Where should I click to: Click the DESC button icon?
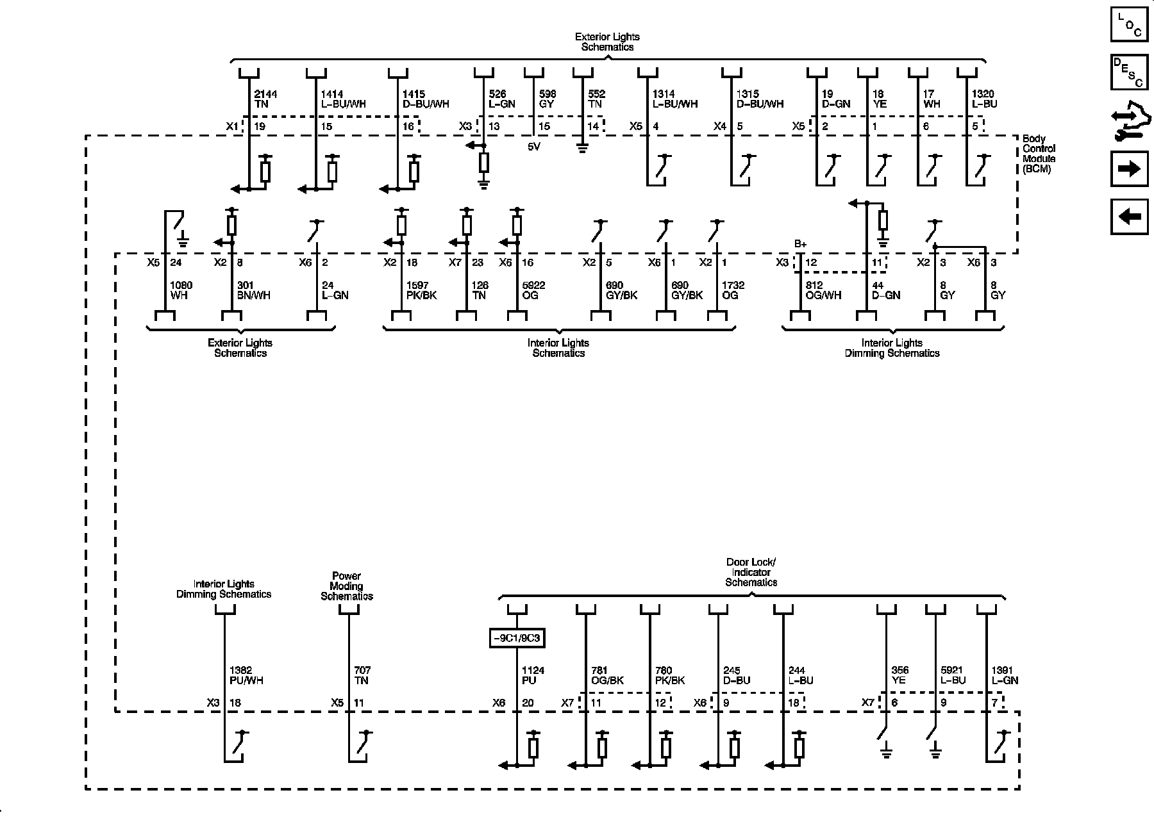[x=1129, y=72]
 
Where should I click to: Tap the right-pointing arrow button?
[x=1129, y=169]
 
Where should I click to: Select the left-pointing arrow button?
[x=1129, y=217]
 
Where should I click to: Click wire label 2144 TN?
[x=265, y=99]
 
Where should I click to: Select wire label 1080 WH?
[x=181, y=290]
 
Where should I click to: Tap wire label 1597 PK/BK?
[x=421, y=290]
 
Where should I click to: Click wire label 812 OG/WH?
[x=823, y=290]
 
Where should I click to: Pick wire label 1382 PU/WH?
[x=246, y=675]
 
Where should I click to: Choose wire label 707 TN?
[x=362, y=675]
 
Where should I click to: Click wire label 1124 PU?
[x=533, y=675]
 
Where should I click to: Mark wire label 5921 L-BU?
[x=953, y=675]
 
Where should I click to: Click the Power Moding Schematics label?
[x=347, y=586]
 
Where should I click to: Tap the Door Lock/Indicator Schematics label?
[x=751, y=572]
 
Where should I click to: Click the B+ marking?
[x=800, y=243]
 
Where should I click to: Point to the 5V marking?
[x=533, y=146]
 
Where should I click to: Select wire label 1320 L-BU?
[x=985, y=99]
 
